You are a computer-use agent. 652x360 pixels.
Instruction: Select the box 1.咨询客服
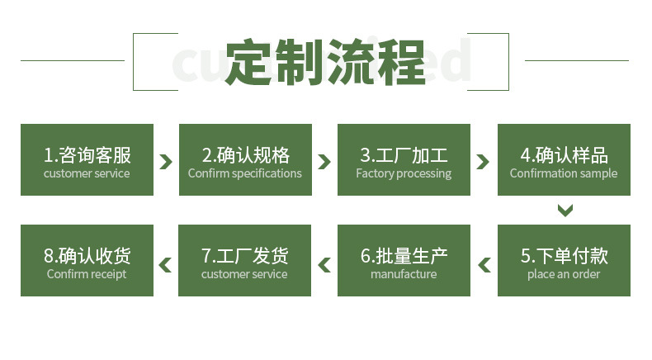(x=87, y=159)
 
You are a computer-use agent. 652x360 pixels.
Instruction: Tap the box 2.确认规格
(x=245, y=159)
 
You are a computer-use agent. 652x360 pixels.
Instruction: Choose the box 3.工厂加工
(x=404, y=159)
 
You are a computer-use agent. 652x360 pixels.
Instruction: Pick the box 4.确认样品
(x=563, y=159)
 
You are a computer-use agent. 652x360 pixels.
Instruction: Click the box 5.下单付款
(x=563, y=260)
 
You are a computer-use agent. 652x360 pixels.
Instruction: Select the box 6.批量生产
(x=404, y=260)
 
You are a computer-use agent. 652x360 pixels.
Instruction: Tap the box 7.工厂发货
(x=245, y=260)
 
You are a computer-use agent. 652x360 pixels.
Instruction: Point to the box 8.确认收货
(x=87, y=260)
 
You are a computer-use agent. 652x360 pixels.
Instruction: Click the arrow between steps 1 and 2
(x=166, y=161)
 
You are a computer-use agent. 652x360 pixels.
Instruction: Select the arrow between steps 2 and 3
(x=324, y=161)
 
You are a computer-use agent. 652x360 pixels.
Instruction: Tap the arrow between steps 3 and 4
(x=484, y=161)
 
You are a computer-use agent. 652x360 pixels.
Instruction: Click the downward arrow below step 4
(x=565, y=210)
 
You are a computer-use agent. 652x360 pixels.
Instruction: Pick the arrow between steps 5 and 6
(x=484, y=265)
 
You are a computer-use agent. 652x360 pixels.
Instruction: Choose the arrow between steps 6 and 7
(x=324, y=265)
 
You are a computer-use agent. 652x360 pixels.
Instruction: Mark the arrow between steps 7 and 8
(x=166, y=265)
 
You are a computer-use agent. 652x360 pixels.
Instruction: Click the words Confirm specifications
(x=245, y=174)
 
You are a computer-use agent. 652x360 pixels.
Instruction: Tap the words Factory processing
(x=404, y=174)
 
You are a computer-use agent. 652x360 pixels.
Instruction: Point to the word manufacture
(x=404, y=275)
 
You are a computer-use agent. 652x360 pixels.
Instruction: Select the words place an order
(x=564, y=275)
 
